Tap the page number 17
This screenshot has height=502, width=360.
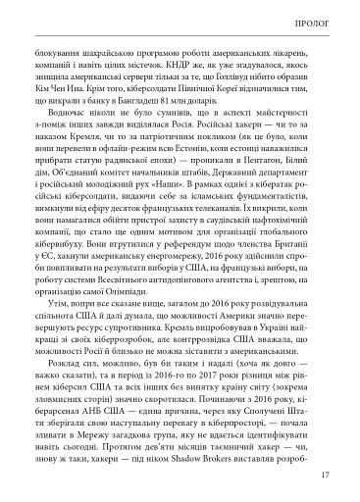point(324,477)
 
